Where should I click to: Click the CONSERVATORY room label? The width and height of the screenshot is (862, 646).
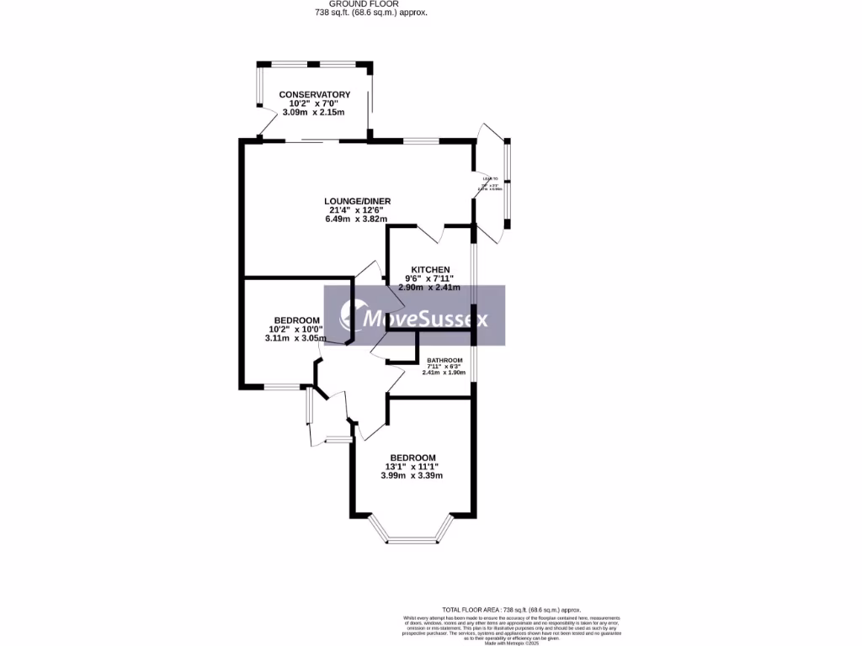tap(315, 95)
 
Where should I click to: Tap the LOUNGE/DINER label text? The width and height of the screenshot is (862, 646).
tap(358, 201)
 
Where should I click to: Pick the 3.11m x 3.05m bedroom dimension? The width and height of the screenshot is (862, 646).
tap(295, 338)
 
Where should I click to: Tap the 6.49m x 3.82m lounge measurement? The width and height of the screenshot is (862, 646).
tap(358, 219)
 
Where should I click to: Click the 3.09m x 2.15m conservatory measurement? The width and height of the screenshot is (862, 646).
tap(314, 113)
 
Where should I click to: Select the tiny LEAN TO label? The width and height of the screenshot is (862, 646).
tap(490, 179)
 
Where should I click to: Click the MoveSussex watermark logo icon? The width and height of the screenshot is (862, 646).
tap(349, 316)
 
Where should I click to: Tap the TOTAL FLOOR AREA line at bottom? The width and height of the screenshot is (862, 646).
tap(511, 609)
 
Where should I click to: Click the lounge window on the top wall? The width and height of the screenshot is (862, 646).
tap(417, 140)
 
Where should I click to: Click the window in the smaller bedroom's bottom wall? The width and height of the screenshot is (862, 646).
tap(281, 387)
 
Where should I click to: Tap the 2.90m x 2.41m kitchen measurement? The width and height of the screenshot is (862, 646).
tap(429, 288)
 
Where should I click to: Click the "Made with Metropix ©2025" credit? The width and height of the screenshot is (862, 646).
tap(511, 643)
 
